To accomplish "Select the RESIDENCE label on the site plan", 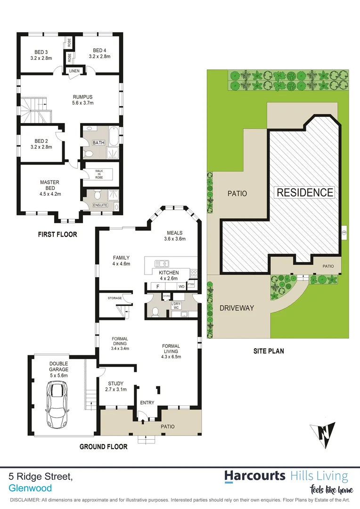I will point(305,192).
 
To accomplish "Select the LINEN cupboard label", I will point(75,71).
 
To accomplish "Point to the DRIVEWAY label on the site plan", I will point(237,308).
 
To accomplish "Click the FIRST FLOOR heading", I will point(57,234).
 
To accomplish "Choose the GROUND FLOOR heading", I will point(102,447).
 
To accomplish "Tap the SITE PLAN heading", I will point(269,351).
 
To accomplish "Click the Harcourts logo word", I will point(254,476).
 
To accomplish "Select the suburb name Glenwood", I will point(30,488).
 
